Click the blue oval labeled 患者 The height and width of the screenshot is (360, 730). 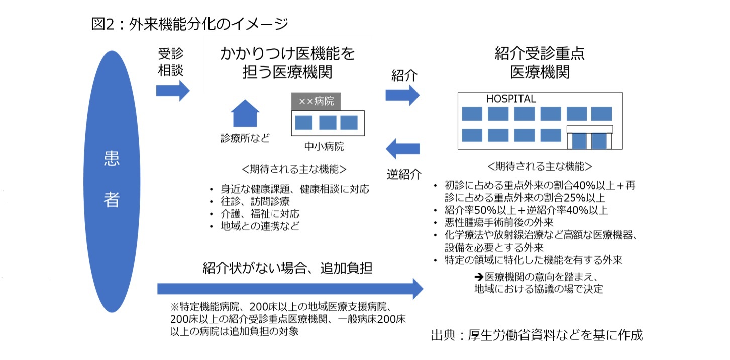(x=112, y=181)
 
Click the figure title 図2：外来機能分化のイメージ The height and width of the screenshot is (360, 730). (x=189, y=24)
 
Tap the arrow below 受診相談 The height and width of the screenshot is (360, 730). (x=172, y=91)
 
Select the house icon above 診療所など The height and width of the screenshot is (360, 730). (x=245, y=113)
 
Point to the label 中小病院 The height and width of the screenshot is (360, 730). (x=324, y=147)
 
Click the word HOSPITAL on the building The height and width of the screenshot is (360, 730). (x=511, y=99)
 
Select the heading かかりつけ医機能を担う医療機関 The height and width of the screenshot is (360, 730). (x=288, y=63)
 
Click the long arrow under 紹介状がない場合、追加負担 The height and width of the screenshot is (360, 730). (x=290, y=289)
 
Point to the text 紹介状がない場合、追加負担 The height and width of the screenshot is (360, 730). (x=288, y=267)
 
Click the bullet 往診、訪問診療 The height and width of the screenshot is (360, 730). (x=255, y=202)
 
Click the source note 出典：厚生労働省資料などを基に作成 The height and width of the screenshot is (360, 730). (x=537, y=335)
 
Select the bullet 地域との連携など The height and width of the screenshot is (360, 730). (x=260, y=226)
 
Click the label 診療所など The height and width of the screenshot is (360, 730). (x=245, y=138)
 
